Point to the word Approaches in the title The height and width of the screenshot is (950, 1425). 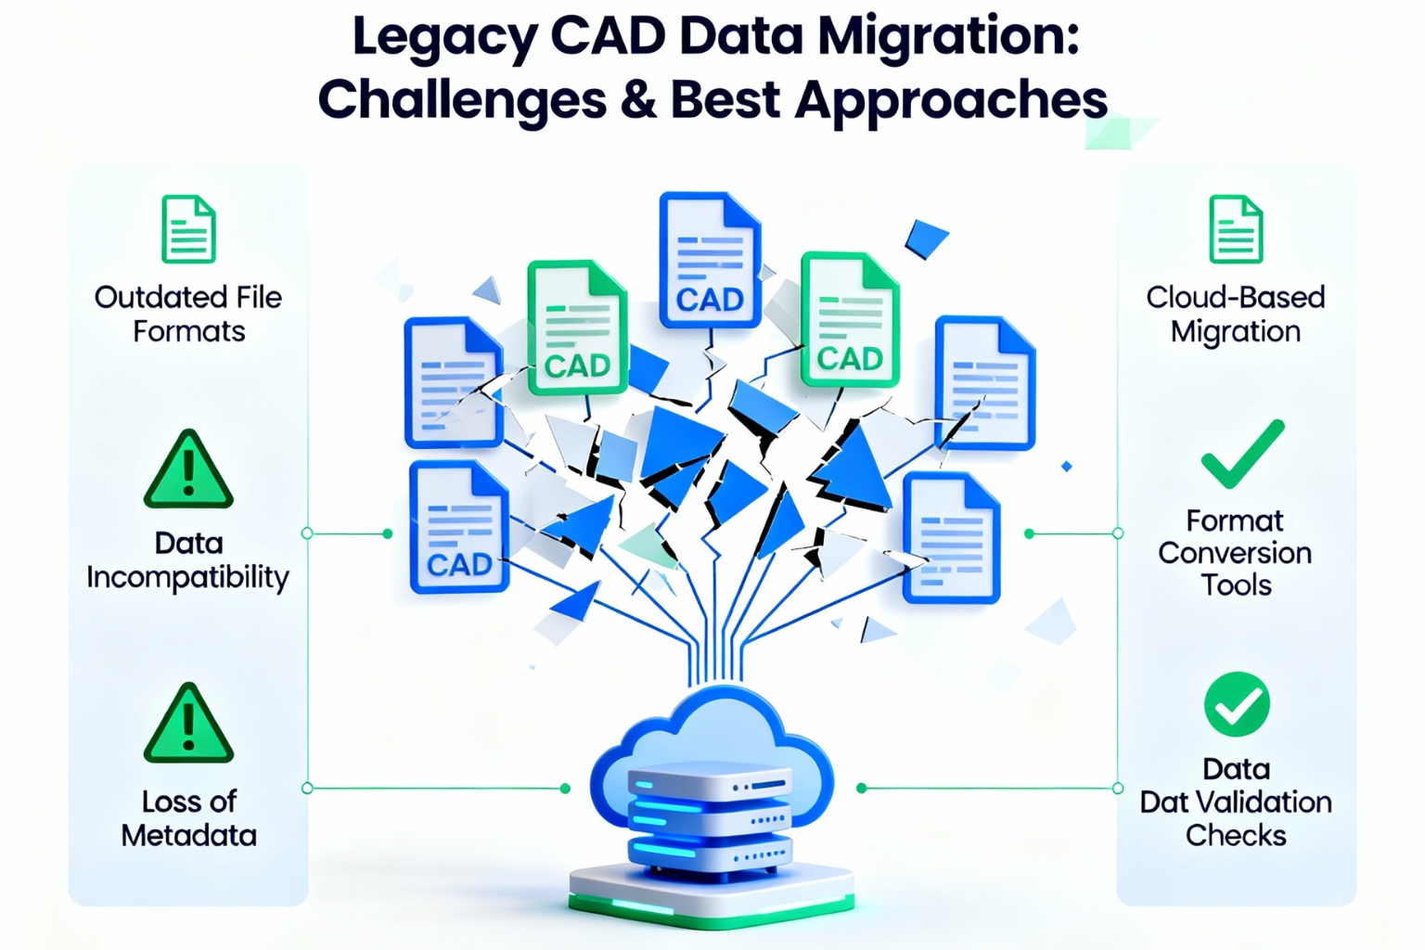(x=951, y=100)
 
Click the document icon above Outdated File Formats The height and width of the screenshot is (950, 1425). (x=188, y=229)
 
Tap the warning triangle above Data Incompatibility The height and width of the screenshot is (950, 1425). (x=188, y=470)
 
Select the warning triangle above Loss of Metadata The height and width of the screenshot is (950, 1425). (x=188, y=725)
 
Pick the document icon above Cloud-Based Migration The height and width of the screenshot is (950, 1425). (x=1236, y=229)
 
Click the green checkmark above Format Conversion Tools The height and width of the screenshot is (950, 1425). (x=1241, y=454)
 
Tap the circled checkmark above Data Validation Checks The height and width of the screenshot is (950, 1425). (x=1237, y=705)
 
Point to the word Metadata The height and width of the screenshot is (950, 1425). (x=188, y=835)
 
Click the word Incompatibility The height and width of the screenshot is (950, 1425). (x=188, y=577)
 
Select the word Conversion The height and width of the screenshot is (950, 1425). (x=1235, y=553)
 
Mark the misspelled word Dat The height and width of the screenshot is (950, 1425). (x=1164, y=802)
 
